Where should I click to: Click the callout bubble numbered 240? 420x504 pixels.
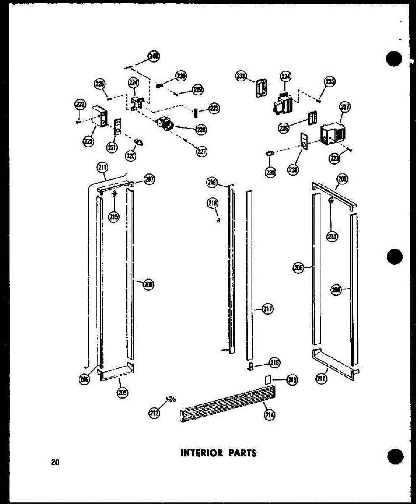(x=154, y=56)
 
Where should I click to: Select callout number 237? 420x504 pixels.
(x=345, y=107)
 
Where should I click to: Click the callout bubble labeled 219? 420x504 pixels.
(x=212, y=182)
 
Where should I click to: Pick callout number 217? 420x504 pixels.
(x=268, y=309)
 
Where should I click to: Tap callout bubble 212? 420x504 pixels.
(x=154, y=413)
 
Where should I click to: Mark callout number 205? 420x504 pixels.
(x=122, y=393)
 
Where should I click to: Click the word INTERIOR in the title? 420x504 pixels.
(x=202, y=453)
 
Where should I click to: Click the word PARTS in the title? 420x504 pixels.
(x=242, y=453)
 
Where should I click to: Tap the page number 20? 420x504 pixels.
(x=55, y=462)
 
